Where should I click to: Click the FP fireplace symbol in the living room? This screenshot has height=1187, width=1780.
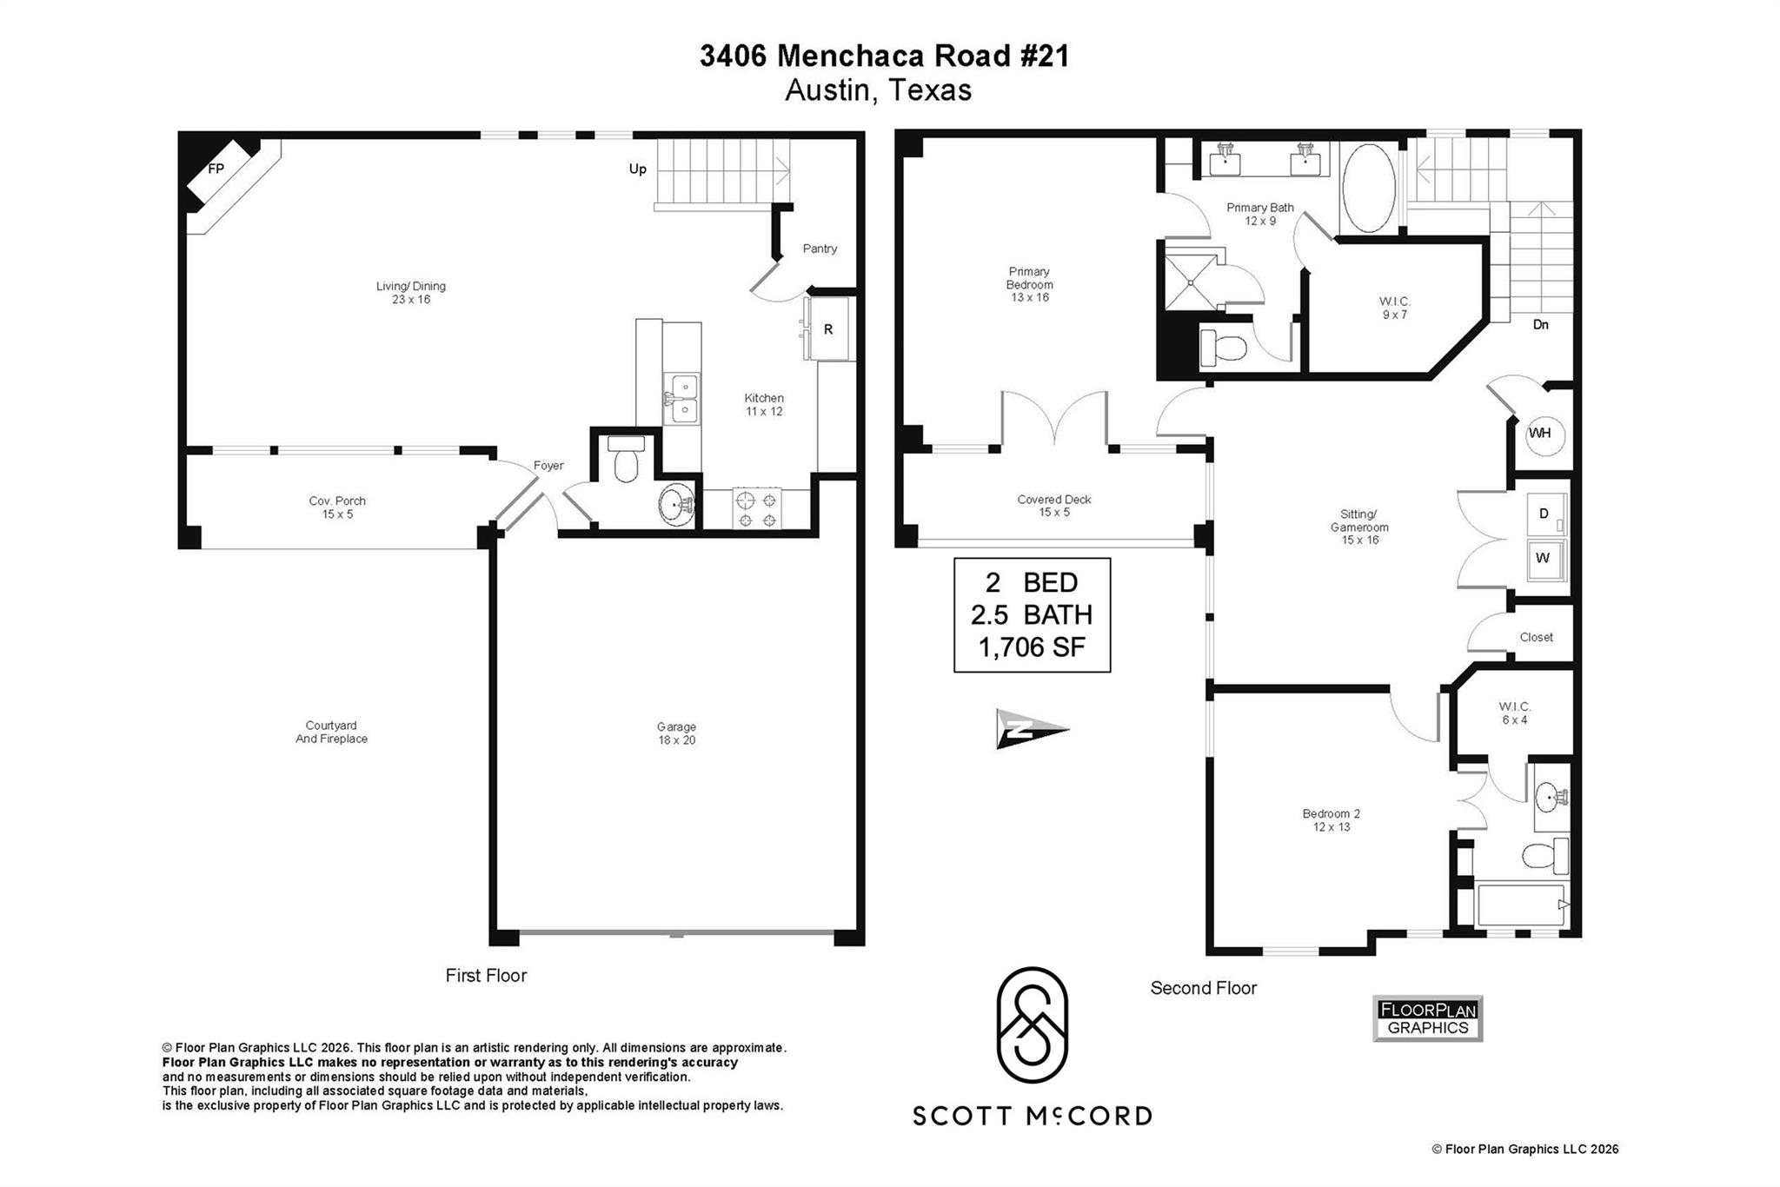217,171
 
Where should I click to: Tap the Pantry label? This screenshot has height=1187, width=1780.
820,249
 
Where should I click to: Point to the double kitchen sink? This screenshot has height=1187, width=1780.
681,398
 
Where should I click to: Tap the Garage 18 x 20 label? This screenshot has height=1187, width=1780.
676,733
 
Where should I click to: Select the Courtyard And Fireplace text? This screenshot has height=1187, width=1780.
331,732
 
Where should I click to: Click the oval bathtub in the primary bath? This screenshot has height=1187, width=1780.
1369,189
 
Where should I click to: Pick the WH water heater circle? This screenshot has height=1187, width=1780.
1541,434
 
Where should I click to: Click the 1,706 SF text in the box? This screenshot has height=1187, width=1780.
1032,647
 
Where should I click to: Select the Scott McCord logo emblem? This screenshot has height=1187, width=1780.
1032,1025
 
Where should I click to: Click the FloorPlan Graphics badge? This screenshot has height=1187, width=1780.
1427,1019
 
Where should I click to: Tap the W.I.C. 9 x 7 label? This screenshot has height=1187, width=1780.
1394,308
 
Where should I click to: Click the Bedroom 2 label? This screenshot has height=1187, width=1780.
1331,819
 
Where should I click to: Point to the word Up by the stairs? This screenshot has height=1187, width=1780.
638,169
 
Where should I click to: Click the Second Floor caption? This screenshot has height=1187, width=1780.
1203,988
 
